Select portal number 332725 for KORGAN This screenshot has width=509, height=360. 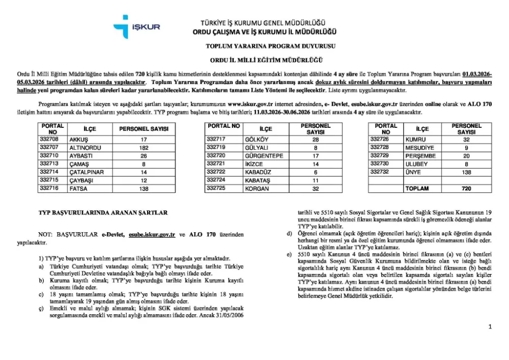pyautogui.click(x=217, y=188)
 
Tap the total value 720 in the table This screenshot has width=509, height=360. pyautogui.click(x=466, y=188)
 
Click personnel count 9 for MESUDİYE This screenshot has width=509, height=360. pyautogui.click(x=466, y=148)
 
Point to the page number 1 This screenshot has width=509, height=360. pyautogui.click(x=490, y=327)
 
